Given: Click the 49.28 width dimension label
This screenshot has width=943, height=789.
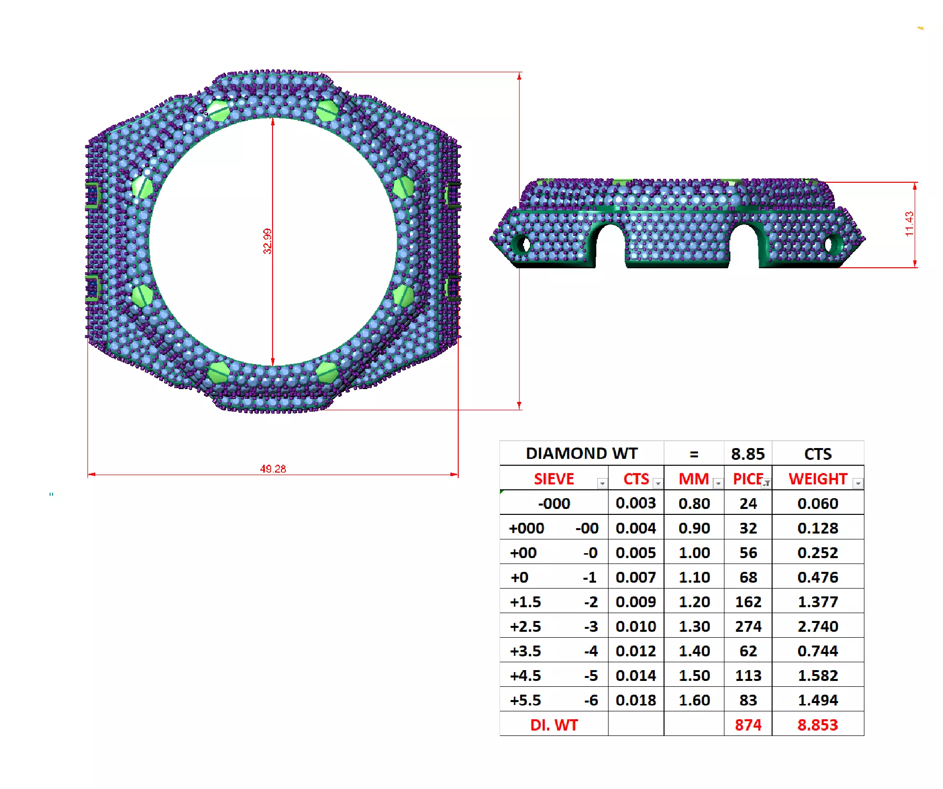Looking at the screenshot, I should (273, 469).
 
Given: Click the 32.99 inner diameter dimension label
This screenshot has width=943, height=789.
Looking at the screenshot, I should (267, 241).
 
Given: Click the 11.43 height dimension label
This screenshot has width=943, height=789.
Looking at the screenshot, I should (909, 224).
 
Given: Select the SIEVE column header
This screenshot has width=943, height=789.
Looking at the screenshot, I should (554, 479).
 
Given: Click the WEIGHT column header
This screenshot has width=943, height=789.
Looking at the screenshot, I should (817, 479).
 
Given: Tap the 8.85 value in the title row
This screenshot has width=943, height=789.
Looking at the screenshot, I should (748, 453).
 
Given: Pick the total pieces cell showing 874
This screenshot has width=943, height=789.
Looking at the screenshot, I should (748, 725).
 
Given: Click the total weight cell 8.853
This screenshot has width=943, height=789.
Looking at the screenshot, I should (817, 725).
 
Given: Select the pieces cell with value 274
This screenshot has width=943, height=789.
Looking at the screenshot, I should (748, 626).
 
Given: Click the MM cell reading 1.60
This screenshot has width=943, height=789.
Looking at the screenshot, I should (694, 700).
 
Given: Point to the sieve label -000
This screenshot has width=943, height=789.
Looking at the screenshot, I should (554, 504).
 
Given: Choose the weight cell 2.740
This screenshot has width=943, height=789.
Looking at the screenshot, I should (817, 626).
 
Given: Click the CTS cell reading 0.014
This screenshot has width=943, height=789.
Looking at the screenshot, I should (636, 676).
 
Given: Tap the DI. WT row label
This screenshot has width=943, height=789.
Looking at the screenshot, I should (554, 725).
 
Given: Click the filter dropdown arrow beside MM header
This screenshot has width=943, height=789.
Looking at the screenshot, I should (718, 483).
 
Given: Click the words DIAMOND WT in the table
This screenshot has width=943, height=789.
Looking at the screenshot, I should (582, 453).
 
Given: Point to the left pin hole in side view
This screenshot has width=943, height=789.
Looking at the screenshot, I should (525, 244).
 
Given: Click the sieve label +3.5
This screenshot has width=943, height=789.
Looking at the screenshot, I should (525, 651).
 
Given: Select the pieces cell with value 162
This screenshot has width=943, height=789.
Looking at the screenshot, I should (748, 602).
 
